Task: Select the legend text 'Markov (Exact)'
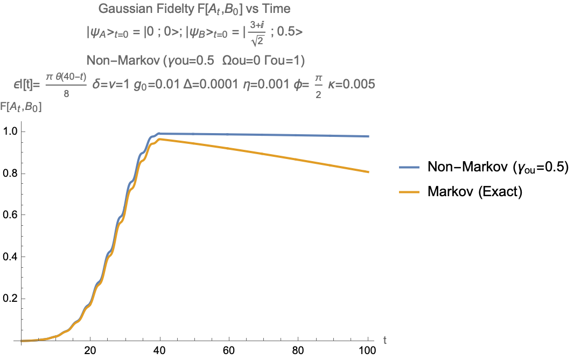[x=475, y=192]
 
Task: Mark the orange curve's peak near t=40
[x=159, y=139]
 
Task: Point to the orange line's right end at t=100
[x=368, y=172]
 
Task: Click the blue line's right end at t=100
[x=368, y=136]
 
